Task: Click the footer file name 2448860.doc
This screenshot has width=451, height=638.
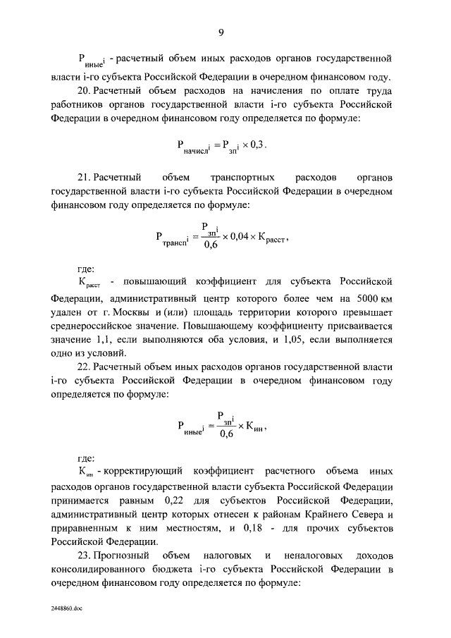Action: pos(66,606)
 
